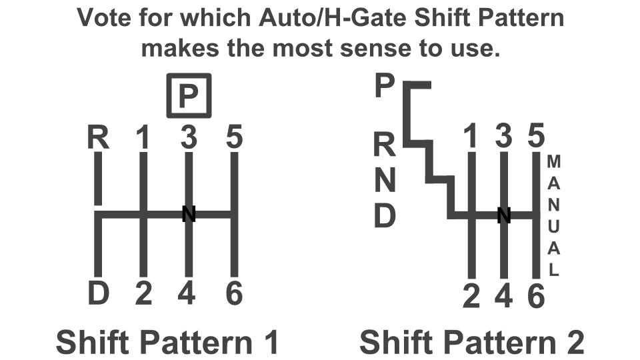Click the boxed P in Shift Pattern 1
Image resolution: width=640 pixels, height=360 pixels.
[189, 96]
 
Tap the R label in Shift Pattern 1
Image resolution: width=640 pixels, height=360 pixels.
[98, 138]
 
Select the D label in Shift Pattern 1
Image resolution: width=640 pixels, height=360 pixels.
[98, 293]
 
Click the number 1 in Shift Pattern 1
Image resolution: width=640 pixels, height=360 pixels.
[143, 138]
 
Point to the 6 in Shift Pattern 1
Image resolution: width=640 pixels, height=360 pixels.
[234, 293]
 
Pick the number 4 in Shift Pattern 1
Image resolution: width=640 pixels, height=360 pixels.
[189, 293]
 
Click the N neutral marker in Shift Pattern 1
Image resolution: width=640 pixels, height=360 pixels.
[189, 214]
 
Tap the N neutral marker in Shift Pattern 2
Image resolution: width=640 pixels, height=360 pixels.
[504, 215]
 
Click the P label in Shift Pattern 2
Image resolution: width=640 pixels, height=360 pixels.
[385, 87]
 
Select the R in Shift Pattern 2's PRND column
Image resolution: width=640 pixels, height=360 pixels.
[385, 143]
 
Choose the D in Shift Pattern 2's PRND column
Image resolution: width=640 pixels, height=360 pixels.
[385, 216]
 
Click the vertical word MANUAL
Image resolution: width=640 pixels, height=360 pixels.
[554, 215]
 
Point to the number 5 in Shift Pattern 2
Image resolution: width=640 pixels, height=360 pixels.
[536, 137]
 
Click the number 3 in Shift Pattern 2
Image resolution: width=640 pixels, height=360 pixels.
[504, 137]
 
